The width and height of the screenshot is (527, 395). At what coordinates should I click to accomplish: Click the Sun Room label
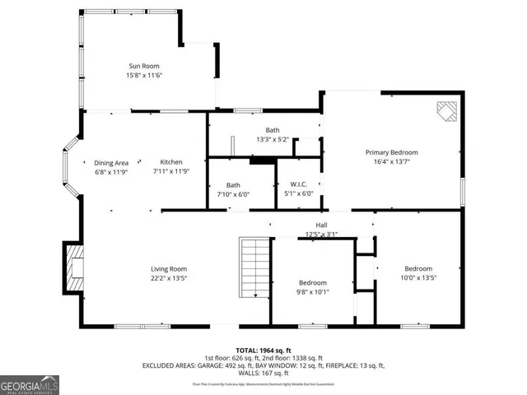pyautogui.click(x=143, y=66)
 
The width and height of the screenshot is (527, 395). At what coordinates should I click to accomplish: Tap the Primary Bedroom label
pyautogui.click(x=392, y=152)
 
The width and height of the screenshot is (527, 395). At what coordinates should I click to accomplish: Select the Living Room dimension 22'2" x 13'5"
pyautogui.click(x=169, y=278)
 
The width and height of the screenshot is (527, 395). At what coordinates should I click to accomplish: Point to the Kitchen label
pyautogui.click(x=171, y=162)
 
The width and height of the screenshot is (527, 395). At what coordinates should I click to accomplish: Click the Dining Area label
pyautogui.click(x=111, y=162)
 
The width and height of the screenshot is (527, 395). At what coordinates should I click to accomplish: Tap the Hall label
pyautogui.click(x=322, y=225)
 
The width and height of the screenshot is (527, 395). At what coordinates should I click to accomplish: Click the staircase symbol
pyautogui.click(x=254, y=268)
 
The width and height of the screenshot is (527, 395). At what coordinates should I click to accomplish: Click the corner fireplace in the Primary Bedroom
pyautogui.click(x=446, y=112)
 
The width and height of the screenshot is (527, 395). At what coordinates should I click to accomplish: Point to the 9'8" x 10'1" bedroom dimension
pyautogui.click(x=313, y=291)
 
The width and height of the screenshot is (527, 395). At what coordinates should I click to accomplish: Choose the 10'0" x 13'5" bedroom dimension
pyautogui.click(x=418, y=278)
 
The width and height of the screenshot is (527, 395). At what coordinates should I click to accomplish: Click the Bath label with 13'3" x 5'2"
pyautogui.click(x=273, y=140)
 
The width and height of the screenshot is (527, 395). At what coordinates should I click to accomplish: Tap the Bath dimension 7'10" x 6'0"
pyautogui.click(x=233, y=195)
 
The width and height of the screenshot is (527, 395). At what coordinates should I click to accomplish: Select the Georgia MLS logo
pyautogui.click(x=29, y=383)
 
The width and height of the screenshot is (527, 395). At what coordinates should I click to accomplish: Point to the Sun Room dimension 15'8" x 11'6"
pyautogui.click(x=143, y=76)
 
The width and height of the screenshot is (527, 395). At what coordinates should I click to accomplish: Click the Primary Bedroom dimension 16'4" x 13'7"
pyautogui.click(x=392, y=162)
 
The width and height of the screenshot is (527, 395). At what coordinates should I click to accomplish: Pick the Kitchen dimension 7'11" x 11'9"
pyautogui.click(x=171, y=172)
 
